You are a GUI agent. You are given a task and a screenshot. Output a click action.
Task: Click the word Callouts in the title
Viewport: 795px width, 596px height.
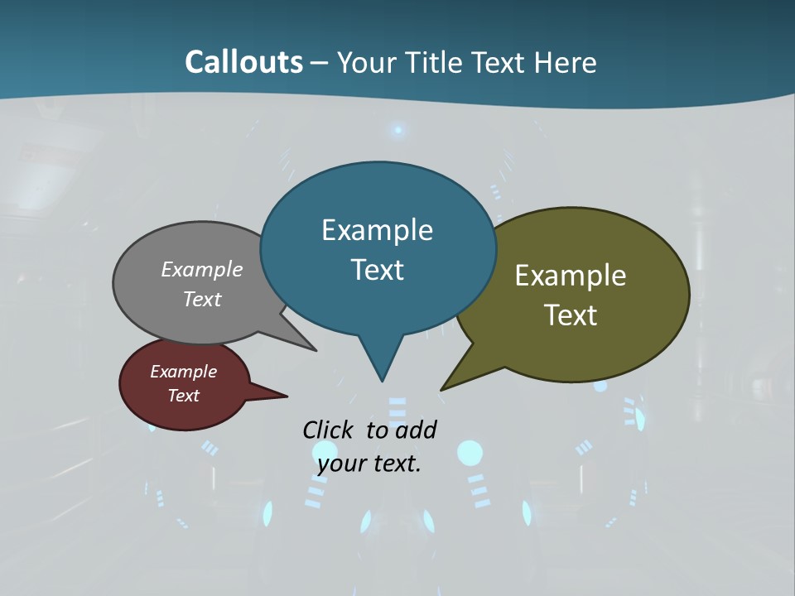click(243, 62)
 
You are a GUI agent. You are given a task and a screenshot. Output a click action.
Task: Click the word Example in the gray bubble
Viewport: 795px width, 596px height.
click(202, 269)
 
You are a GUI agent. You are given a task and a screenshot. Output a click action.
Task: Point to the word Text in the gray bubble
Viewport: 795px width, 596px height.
click(202, 299)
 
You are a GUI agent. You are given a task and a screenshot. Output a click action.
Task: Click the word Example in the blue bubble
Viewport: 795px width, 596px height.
click(377, 230)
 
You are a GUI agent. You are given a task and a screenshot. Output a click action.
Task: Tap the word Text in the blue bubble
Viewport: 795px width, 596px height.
click(377, 270)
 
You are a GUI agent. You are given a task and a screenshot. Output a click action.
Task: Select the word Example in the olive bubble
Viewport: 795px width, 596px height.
click(571, 276)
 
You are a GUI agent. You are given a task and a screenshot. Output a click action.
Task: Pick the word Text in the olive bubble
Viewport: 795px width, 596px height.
click(571, 315)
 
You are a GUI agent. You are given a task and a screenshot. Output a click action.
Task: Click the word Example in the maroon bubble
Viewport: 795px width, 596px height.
click(183, 372)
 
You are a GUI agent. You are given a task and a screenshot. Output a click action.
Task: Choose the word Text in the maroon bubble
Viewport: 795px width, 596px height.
click(183, 396)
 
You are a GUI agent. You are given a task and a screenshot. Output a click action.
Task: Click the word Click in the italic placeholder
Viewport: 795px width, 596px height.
click(329, 430)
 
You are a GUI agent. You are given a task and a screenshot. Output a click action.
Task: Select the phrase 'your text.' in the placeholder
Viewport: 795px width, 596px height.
click(369, 464)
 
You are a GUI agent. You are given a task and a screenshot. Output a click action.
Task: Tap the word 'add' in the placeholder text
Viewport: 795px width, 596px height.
click(415, 430)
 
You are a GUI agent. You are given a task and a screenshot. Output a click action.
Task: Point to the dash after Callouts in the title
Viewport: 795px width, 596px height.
click(320, 62)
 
